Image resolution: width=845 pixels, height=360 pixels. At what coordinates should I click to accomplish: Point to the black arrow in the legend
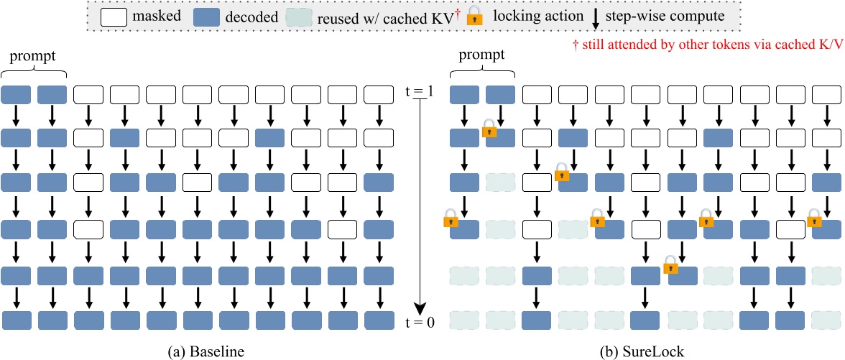(595, 16)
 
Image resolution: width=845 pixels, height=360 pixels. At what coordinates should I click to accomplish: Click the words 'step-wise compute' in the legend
(664, 16)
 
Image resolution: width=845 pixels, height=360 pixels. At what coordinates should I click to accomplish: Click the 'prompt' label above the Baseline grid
(34, 55)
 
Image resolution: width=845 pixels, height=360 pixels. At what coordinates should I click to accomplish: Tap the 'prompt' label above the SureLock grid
(481, 55)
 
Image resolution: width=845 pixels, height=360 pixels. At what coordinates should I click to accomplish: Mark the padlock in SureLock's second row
(489, 129)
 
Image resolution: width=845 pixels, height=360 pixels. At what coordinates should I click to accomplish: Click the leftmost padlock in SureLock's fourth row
(451, 218)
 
